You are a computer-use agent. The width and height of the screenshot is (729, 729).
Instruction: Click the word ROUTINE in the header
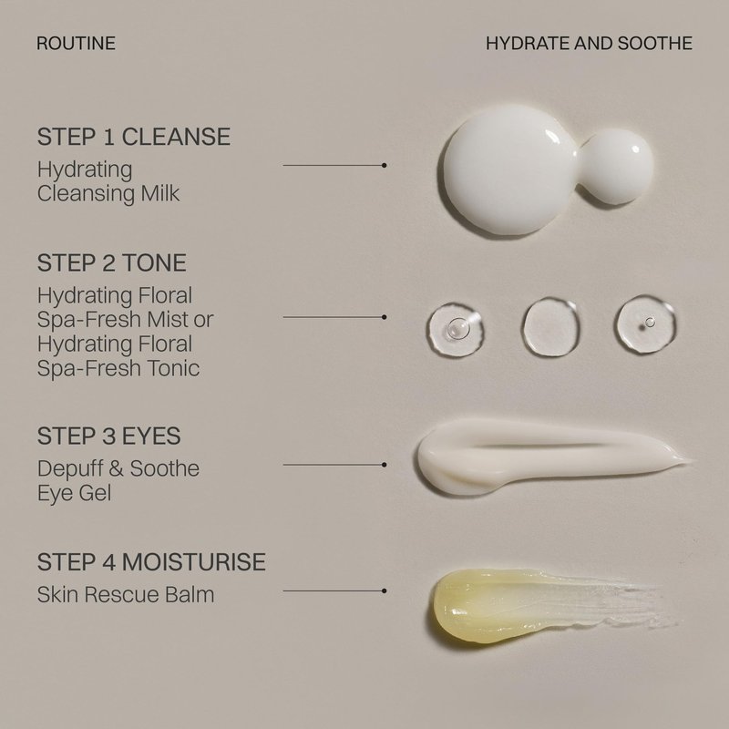tap(76, 43)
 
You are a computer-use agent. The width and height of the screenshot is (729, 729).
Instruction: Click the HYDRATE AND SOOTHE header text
tap(589, 43)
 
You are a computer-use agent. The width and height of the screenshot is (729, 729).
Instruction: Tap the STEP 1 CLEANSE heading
tap(134, 137)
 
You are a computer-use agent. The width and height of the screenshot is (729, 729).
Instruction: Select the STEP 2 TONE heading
tap(111, 262)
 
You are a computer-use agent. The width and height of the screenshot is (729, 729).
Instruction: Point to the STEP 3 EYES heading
tap(108, 436)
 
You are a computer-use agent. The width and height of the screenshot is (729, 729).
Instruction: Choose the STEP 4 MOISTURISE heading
tap(151, 561)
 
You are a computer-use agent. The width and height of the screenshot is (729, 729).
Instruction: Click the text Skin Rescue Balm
tap(126, 595)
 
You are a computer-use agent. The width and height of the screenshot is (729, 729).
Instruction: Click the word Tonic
tap(173, 368)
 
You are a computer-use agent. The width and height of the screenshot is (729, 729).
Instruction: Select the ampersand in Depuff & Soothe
tap(116, 468)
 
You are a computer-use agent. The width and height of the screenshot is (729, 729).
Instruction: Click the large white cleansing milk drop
tap(509, 170)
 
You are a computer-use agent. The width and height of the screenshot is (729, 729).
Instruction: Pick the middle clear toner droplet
tap(551, 327)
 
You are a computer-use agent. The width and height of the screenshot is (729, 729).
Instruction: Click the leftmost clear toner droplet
tap(455, 329)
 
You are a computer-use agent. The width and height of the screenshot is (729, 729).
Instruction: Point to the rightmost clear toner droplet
tap(645, 323)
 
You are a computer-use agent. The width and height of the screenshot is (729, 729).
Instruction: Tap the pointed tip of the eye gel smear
tap(692, 460)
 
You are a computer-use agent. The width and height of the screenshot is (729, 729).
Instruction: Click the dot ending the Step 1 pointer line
tap(384, 165)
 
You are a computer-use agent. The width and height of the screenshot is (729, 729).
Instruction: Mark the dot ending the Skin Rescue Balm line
tap(384, 590)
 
